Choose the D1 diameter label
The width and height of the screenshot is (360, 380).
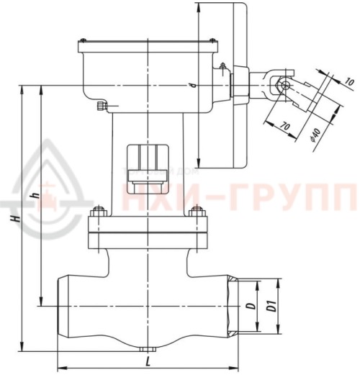[271, 307]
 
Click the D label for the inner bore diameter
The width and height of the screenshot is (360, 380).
[250, 307]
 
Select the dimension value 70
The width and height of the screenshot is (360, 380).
[284, 127]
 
